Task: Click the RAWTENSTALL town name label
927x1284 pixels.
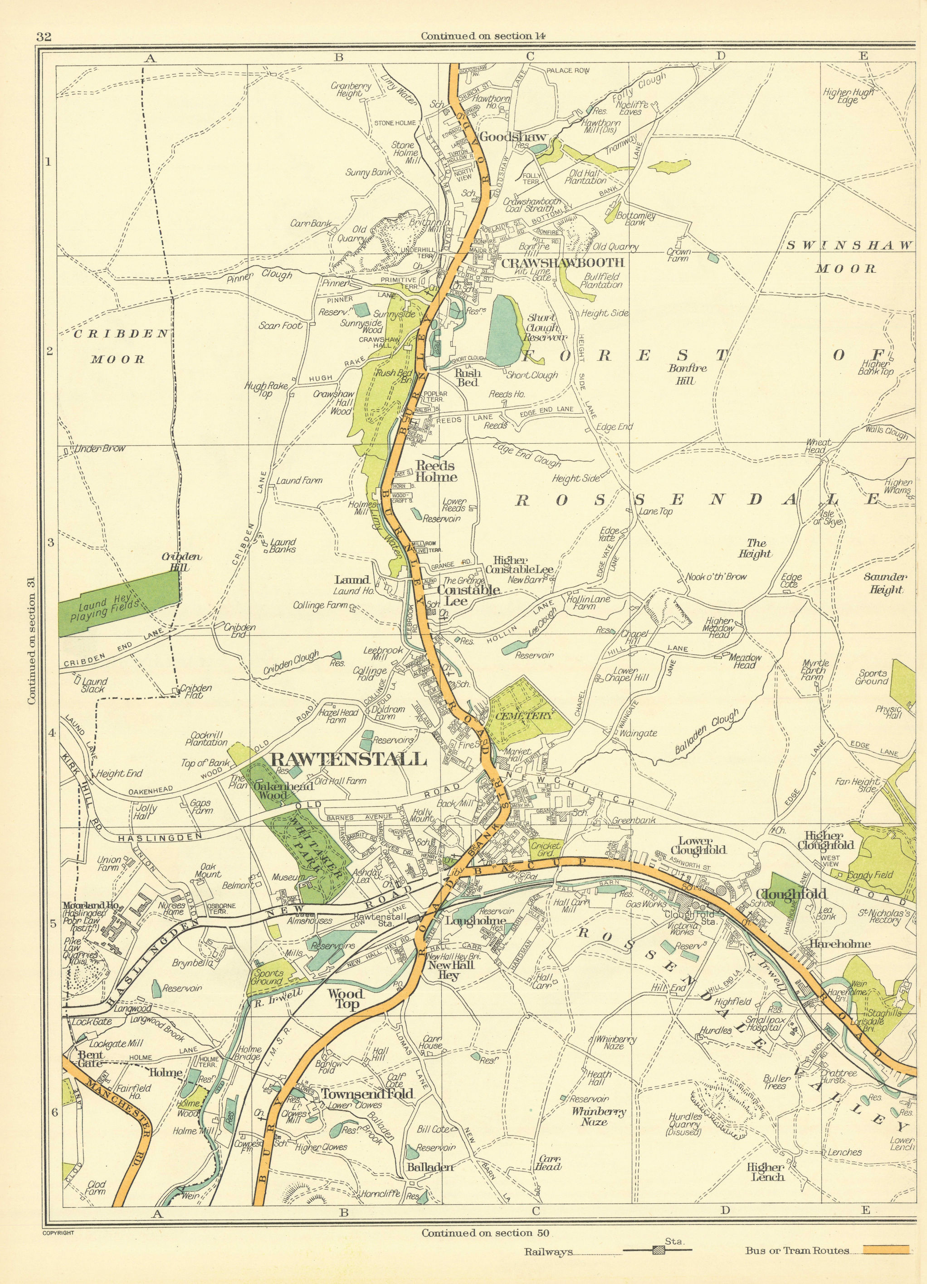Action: click(x=349, y=759)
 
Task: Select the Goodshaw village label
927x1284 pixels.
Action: click(x=505, y=137)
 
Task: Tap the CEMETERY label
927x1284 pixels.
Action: click(x=525, y=716)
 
